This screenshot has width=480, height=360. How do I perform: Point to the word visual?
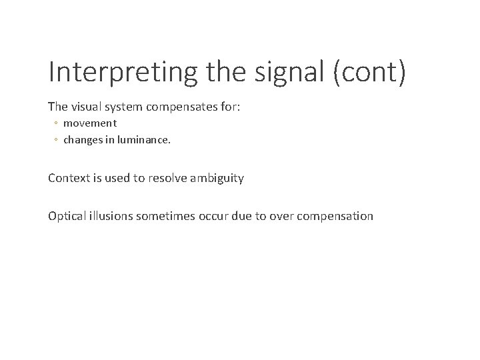point(85,106)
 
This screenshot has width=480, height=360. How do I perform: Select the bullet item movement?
point(90,123)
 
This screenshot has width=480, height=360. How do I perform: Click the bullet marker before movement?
point(56,123)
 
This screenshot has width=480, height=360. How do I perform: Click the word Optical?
point(67,215)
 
